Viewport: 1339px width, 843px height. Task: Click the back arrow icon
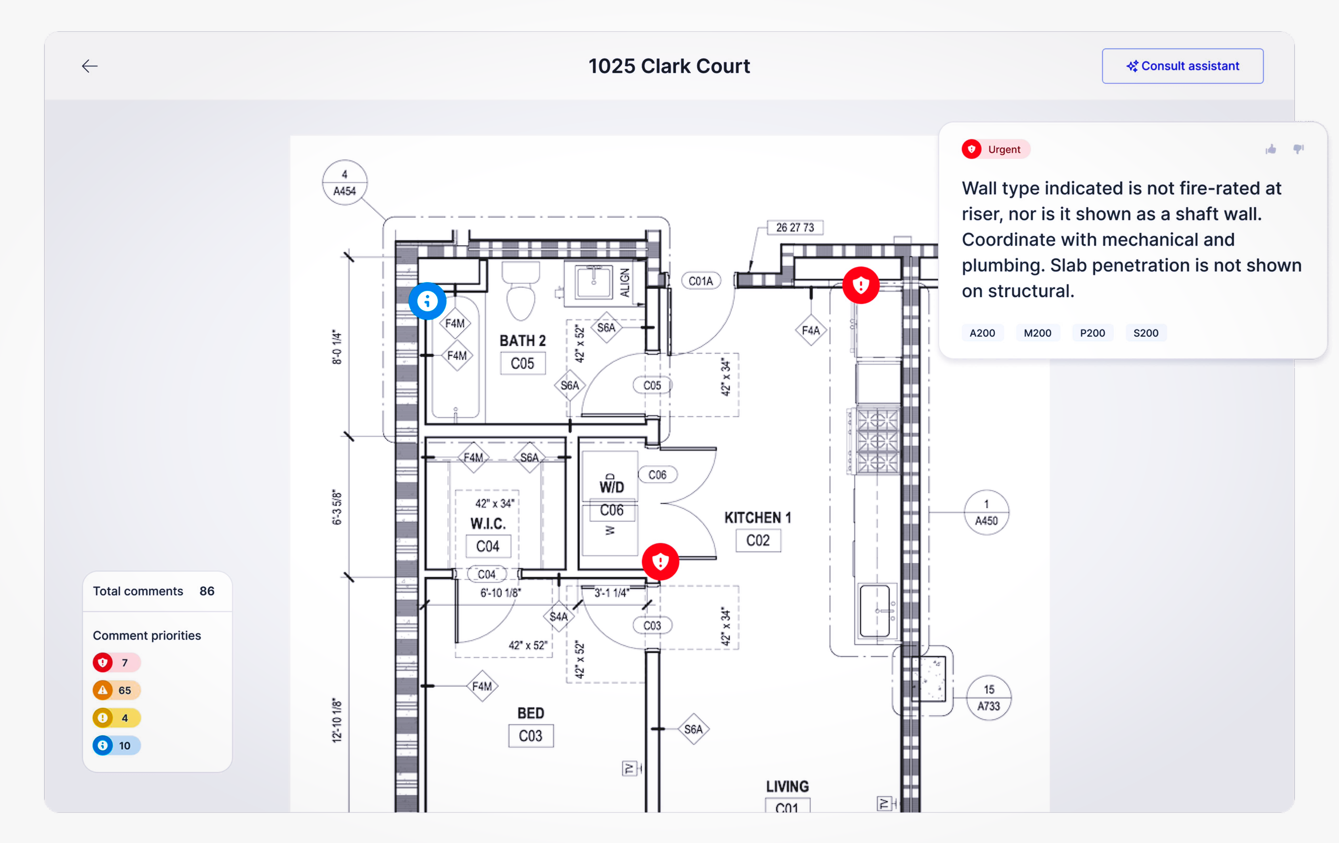[89, 66]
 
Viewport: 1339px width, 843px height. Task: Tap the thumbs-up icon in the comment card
[1270, 149]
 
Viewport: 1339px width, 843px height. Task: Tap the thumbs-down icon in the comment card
[1298, 149]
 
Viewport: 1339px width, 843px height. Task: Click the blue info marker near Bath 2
[427, 301]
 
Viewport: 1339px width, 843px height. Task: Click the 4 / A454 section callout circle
[345, 183]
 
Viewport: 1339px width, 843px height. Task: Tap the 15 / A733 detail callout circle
[989, 698]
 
